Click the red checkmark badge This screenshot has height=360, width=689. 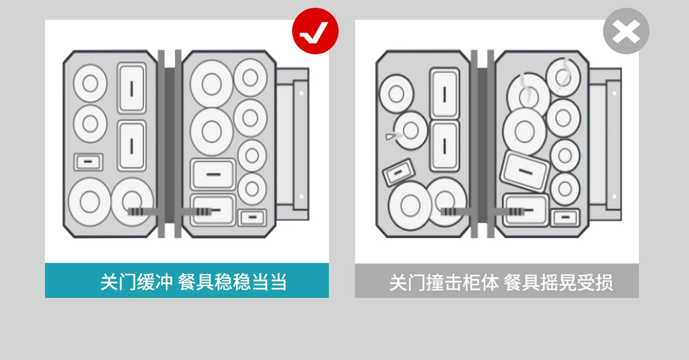[315, 31]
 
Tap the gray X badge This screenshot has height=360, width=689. [626, 31]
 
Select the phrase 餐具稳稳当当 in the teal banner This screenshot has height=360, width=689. [232, 282]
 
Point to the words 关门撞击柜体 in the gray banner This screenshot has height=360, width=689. [444, 282]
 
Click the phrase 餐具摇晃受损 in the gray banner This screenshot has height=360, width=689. [558, 282]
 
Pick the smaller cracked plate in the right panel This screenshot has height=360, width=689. [563, 77]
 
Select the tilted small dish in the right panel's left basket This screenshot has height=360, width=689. [398, 172]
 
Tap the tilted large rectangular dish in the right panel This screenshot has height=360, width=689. [525, 171]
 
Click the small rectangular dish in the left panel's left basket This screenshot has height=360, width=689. [88, 161]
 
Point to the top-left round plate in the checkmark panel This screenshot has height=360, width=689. [90, 83]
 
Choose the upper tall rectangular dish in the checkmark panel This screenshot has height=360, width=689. [131, 88]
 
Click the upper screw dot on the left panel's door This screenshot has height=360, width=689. [301, 93]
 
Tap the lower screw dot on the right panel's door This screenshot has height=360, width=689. [614, 196]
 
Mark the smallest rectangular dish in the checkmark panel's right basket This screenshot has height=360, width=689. [252, 217]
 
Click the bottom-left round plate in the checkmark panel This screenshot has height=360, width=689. [89, 202]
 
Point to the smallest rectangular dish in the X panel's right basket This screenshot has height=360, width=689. [565, 217]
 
